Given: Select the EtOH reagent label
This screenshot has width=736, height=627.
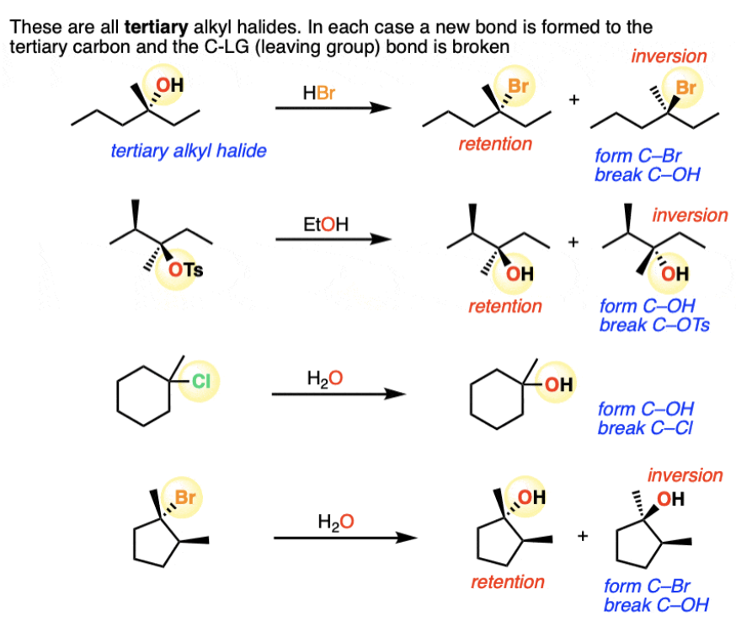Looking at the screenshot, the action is coord(324,224).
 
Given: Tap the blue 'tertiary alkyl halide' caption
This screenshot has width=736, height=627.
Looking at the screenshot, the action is coord(189,152).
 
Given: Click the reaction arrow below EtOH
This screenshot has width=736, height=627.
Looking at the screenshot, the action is coord(333,239).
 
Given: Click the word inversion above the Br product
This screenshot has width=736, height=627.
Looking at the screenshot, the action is coord(669,56).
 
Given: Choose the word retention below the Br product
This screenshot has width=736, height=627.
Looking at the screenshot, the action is coord(495,144).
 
